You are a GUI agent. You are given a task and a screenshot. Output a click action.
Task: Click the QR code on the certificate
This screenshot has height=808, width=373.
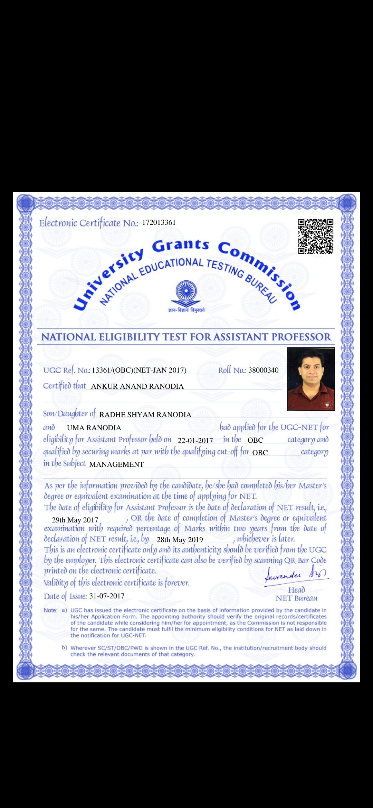coord(316,236)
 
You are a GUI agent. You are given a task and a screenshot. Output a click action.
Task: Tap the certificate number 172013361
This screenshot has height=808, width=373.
coord(159,222)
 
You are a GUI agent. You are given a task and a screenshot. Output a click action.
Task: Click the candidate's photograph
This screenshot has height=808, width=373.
coord(311,379)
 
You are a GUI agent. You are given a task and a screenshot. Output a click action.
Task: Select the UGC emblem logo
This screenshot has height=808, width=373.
coord(186,291)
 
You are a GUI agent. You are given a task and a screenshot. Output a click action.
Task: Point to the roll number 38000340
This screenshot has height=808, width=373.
coord(263,370)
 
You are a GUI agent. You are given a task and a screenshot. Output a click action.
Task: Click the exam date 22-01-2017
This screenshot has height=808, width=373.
coord(195,441)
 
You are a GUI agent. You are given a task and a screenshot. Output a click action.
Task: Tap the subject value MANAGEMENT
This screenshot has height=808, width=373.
coord(116,464)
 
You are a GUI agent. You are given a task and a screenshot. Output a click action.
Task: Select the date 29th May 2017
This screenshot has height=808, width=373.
coord(75,520)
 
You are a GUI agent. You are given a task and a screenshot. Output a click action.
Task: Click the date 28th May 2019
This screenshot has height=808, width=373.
coord(180,540)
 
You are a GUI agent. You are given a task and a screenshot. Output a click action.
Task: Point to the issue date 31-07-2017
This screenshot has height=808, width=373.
coord(107,596)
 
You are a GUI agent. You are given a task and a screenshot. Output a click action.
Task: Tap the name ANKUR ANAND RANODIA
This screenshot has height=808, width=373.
coord(137,386)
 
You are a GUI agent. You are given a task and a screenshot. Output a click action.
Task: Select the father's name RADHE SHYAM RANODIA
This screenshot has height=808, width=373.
coord(145,415)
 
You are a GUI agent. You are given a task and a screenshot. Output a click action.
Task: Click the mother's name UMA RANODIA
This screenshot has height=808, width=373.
coord(94,428)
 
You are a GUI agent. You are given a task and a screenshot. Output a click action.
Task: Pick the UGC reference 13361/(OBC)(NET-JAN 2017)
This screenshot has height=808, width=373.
coord(139,370)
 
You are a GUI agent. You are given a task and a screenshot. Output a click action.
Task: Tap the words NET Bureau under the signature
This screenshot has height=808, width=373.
coord(296,598)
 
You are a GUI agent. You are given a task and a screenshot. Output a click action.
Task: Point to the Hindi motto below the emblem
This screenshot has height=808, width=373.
coord(186,310)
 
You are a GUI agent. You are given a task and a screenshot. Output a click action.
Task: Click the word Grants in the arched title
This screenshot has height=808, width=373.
coord(181,245)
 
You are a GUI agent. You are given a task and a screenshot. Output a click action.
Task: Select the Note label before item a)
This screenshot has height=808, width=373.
coord(50,610)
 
